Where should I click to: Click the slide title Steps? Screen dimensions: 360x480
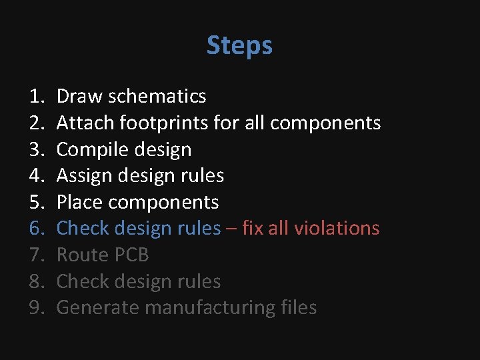(x=239, y=45)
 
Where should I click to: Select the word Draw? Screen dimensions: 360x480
(x=75, y=97)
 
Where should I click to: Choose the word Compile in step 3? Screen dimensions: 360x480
(x=89, y=149)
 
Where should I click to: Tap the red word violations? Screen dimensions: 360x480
(x=337, y=229)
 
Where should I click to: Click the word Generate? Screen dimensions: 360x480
(x=97, y=308)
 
